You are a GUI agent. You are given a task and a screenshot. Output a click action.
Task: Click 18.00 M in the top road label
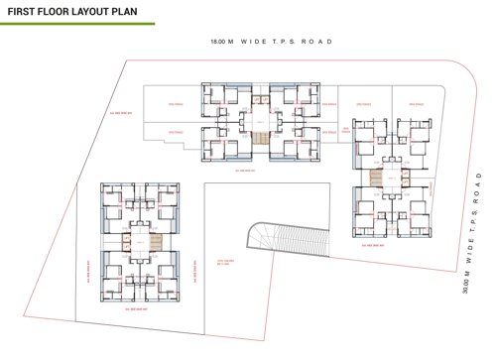pyautogui.click(x=221, y=43)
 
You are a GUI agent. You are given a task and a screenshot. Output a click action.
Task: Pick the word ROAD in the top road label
pyautogui.click(x=316, y=43)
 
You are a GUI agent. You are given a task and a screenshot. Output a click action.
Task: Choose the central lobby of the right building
pyautogui.click(x=391, y=179)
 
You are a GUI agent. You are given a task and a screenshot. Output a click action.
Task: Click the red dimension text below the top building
pyautogui.click(x=245, y=170)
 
